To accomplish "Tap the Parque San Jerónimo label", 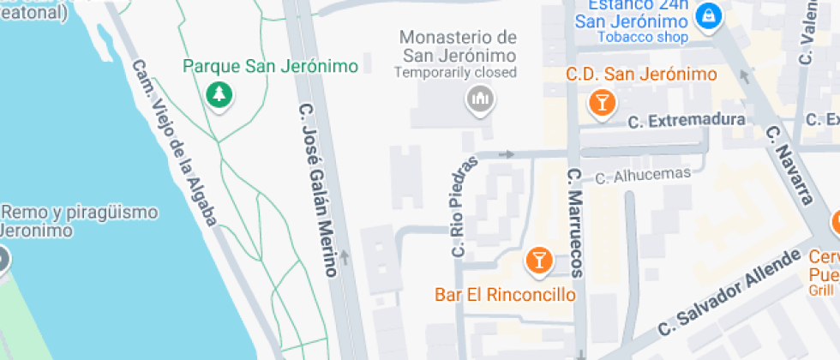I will pos(271,66).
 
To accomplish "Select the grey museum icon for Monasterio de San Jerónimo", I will pos(480,99).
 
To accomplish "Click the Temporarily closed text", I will pos(455,72).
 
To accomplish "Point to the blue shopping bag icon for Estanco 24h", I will pos(709,15).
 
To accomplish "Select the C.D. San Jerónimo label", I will pos(641,75).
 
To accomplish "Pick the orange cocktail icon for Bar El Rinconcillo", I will pos(538,261).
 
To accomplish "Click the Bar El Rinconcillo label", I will pos(505,295).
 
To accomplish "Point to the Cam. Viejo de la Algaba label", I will pos(174,143).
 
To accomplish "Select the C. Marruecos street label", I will pos(574,223).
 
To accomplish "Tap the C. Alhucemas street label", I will pos(642,176).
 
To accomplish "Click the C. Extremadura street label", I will pos(686,120).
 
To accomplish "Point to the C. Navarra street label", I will pos(789,166).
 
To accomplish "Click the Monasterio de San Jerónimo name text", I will pos(459,46).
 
